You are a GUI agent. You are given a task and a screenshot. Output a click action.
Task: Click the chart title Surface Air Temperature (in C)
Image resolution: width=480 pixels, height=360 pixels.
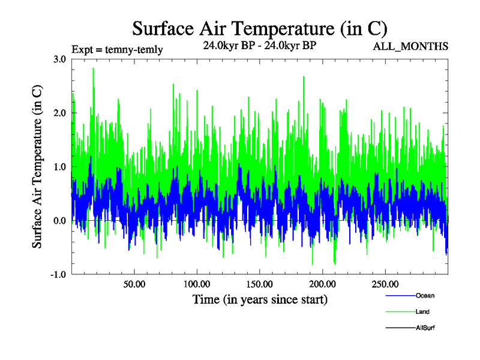260,28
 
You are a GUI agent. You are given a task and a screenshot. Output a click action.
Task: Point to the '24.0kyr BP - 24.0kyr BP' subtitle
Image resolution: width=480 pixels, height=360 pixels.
259,44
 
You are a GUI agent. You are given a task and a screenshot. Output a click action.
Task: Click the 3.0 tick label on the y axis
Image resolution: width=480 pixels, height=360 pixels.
60,59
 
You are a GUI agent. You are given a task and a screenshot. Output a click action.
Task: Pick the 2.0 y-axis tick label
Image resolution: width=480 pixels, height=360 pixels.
60,113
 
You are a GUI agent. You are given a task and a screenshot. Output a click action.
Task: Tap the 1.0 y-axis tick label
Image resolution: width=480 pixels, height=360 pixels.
60,167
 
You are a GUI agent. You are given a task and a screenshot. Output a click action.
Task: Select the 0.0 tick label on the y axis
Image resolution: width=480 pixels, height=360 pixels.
60,221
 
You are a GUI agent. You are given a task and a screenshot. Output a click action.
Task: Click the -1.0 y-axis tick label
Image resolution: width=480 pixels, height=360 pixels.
59,275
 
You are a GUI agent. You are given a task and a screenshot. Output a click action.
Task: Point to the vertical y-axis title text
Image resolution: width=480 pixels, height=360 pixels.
37,167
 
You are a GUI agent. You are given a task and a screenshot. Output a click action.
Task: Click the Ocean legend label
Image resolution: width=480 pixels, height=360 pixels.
425,296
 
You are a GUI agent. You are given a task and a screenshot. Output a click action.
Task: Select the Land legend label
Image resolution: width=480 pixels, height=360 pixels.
422,312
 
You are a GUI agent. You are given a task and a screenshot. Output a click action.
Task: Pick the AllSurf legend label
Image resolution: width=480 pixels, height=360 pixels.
425,328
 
